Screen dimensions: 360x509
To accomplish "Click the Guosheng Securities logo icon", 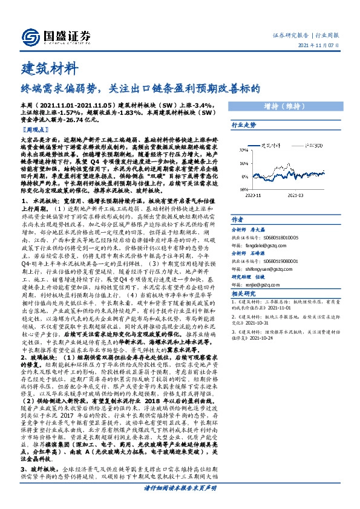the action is pos(31,36).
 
